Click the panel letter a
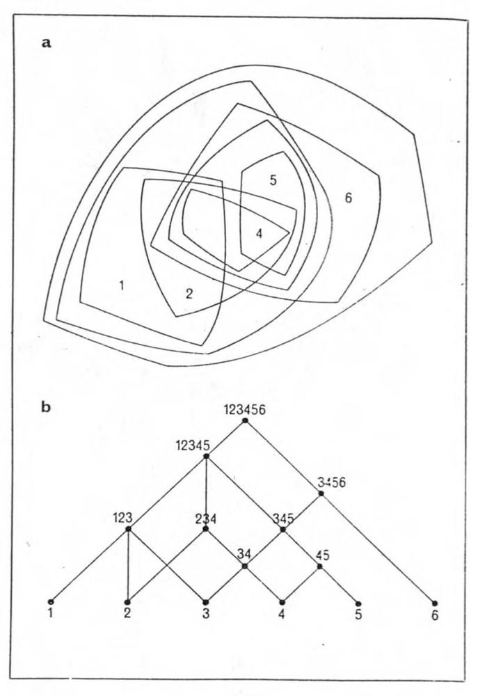coord(46,43)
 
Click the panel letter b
coord(46,407)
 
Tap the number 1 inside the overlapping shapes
coord(122,285)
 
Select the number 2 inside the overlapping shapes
coord(189,294)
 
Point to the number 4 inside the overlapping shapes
coord(260,233)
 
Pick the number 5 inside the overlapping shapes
coord(273,180)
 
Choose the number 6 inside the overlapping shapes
coord(349,198)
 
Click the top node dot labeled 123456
coord(245,420)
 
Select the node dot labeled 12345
coord(206,456)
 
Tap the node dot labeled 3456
coord(321,493)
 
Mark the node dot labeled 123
coord(128,529)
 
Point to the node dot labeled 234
coord(205,529)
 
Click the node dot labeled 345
coord(282,529)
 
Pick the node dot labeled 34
coord(244,566)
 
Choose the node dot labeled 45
coord(320,566)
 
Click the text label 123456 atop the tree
coord(245,409)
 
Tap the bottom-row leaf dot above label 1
coord(51,602)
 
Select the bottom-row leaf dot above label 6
coord(435,603)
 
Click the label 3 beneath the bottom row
coord(205,615)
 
